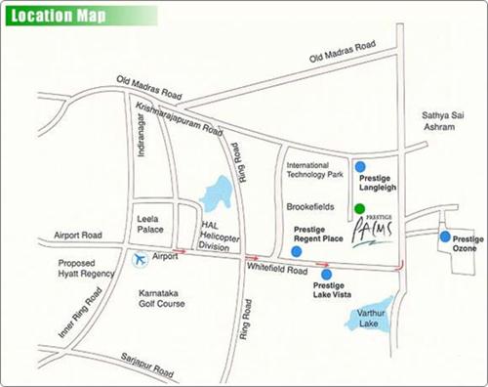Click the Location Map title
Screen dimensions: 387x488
pyautogui.click(x=53, y=18)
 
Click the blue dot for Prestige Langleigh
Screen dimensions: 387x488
pyautogui.click(x=361, y=166)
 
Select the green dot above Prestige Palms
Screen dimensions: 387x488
pyautogui.click(x=360, y=208)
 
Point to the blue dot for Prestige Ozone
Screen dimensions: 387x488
pyautogui.click(x=445, y=236)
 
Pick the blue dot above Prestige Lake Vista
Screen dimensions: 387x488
pyautogui.click(x=326, y=274)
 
